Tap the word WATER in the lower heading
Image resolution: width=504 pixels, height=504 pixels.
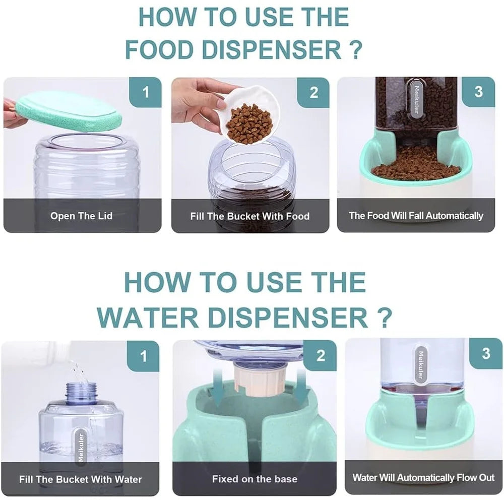tap(148, 318)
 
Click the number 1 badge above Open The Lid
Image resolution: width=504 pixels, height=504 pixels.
tap(145, 92)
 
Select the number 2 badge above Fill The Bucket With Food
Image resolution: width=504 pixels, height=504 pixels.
tap(313, 93)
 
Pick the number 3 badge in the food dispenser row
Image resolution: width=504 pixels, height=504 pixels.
tap(479, 92)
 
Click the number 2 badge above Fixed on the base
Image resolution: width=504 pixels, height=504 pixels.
tap(321, 355)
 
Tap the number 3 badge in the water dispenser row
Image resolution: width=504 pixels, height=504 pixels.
tap(486, 353)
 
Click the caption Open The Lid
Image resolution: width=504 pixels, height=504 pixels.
tap(81, 216)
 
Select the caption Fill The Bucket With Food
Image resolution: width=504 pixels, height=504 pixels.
tap(250, 216)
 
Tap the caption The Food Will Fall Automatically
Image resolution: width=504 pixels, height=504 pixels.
tap(416, 215)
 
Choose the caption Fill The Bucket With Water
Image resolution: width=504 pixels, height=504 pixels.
tap(80, 479)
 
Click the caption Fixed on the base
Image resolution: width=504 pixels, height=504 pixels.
tap(255, 479)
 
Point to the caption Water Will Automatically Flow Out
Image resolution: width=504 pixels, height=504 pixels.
tap(423, 477)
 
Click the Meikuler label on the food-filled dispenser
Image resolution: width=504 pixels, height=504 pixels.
tap(416, 98)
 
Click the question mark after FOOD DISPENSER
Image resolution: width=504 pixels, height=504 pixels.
tap(355, 49)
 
